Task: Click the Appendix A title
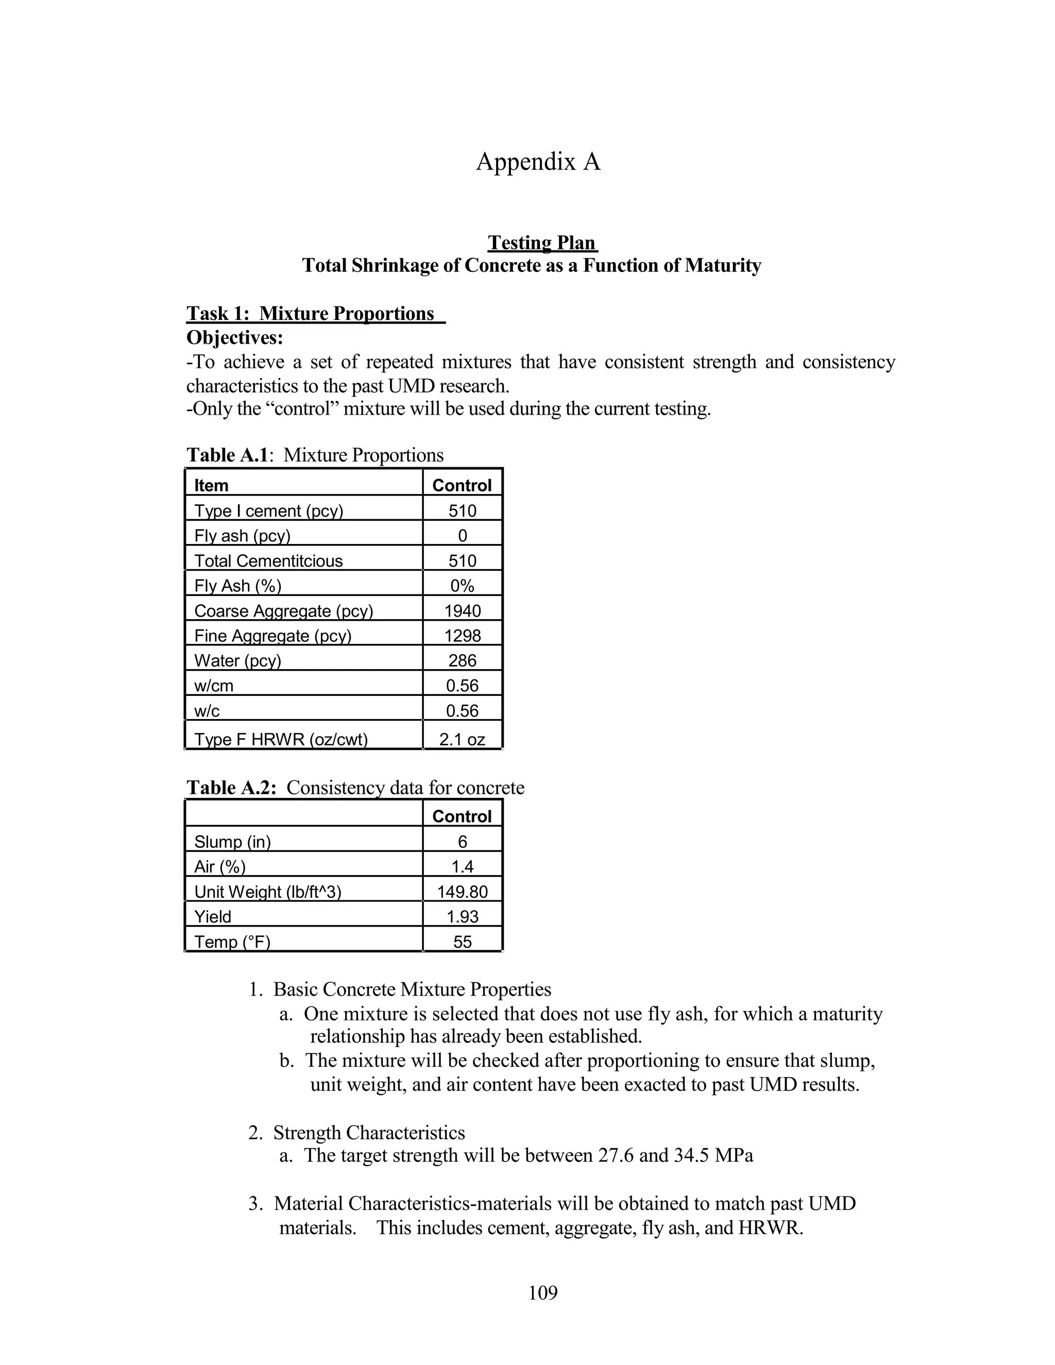click(538, 162)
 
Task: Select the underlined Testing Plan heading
click(542, 243)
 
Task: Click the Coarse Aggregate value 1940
click(463, 610)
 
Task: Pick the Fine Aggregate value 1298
click(463, 636)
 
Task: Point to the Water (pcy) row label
click(237, 661)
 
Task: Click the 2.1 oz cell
click(463, 739)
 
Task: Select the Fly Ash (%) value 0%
click(463, 586)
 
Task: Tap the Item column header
click(211, 485)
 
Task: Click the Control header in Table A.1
click(462, 485)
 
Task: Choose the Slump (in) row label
click(232, 842)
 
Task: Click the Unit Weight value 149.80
click(463, 892)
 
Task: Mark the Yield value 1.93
click(463, 917)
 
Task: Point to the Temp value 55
click(463, 942)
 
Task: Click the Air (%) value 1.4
click(463, 867)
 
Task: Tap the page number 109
click(542, 1292)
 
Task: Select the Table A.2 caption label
click(231, 788)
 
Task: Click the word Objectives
click(234, 337)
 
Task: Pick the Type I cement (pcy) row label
click(269, 510)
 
